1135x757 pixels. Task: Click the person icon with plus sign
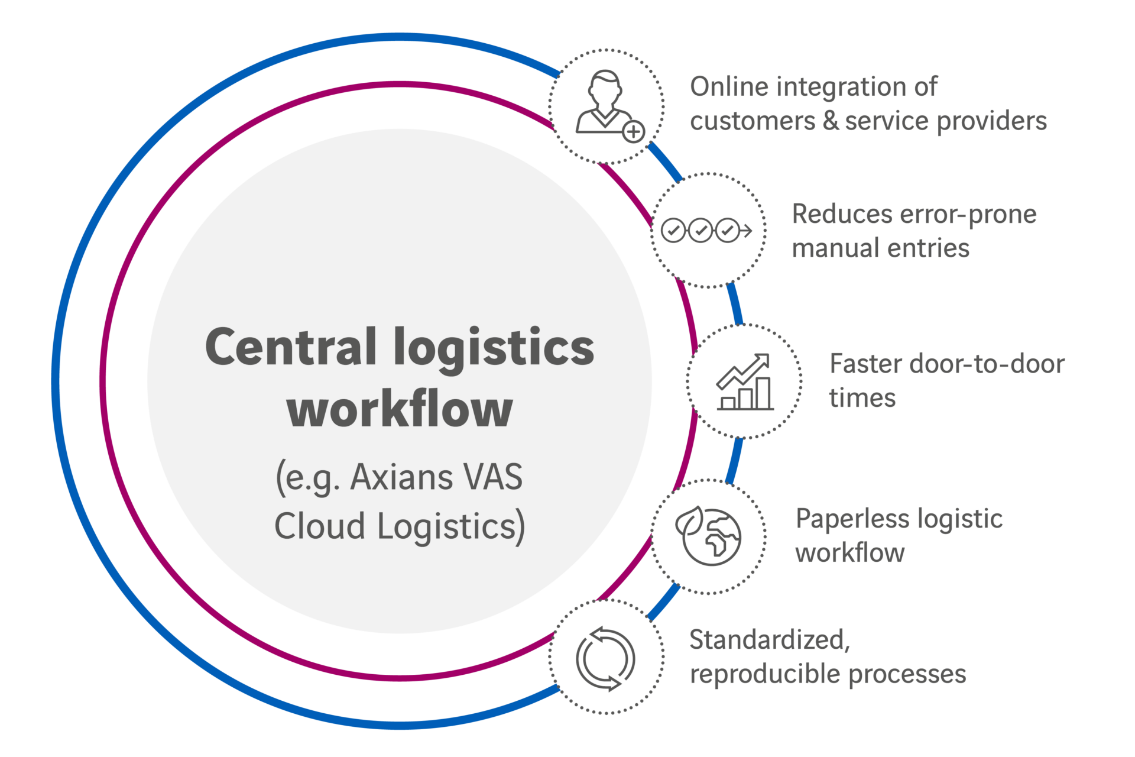[604, 103]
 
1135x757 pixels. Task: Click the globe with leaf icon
[708, 536]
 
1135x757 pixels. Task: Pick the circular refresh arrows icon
[605, 658]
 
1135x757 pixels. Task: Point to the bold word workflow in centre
[400, 410]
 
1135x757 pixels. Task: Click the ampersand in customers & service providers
[830, 121]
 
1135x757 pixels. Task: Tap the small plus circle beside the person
[634, 131]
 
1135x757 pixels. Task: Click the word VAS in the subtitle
[493, 477]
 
